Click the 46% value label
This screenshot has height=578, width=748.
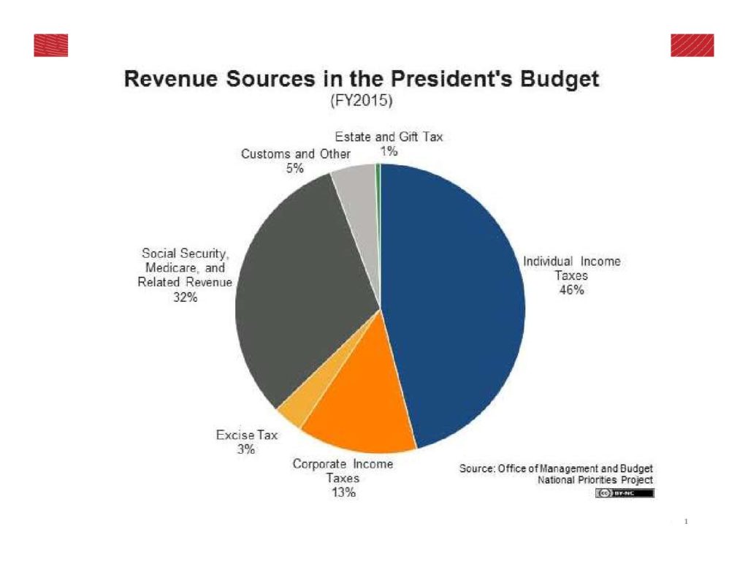[x=571, y=290]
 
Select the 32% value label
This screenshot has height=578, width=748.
[x=186, y=297]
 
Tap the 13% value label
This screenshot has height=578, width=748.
[x=342, y=493]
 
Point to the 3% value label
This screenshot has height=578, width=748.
[x=246, y=449]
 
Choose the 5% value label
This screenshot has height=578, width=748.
[x=295, y=168]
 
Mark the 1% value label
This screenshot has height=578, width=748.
[x=388, y=151]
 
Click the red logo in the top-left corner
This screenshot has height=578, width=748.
[x=50, y=45]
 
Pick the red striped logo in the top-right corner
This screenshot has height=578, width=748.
[x=692, y=45]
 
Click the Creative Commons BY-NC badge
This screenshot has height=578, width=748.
[x=625, y=493]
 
